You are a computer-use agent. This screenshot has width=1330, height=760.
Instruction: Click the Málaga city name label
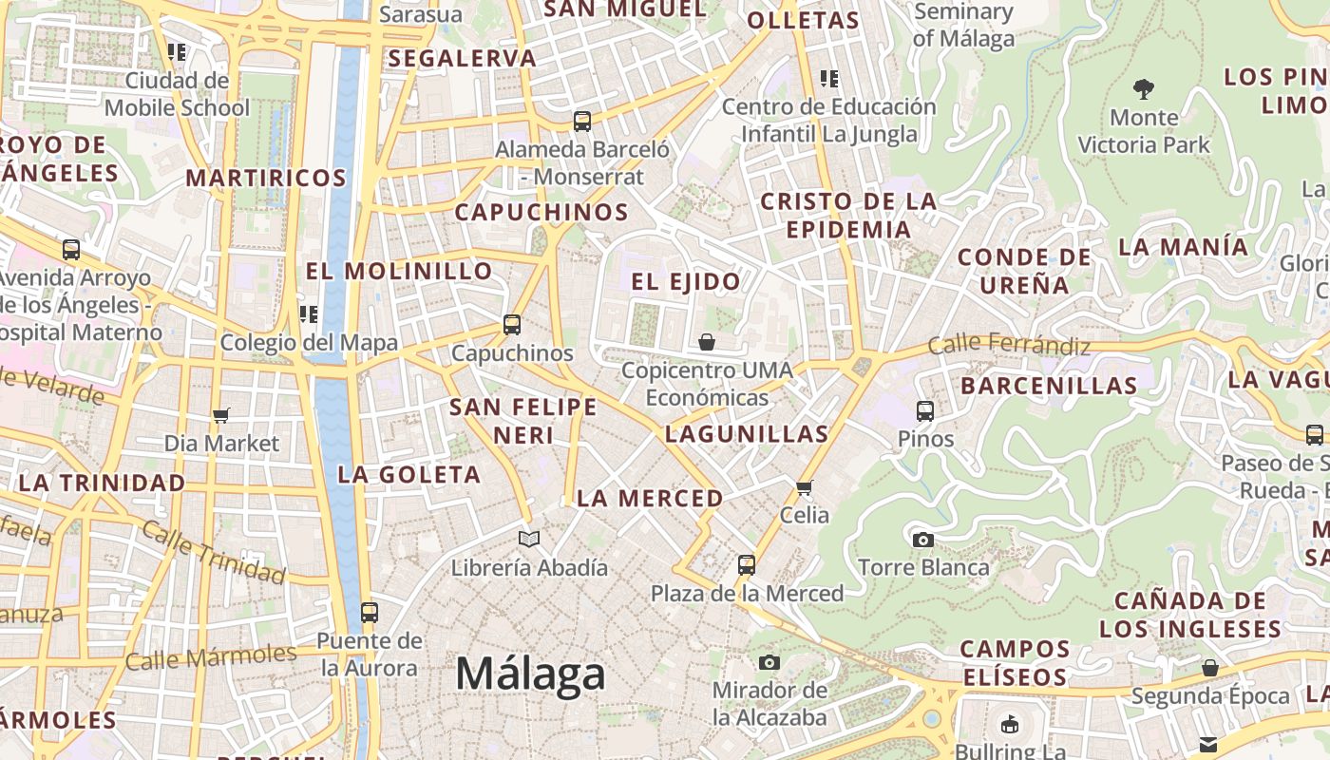tap(530, 674)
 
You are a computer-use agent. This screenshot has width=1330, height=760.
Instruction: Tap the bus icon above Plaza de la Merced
tap(747, 565)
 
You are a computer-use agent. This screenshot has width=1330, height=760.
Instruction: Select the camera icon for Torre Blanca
tap(922, 540)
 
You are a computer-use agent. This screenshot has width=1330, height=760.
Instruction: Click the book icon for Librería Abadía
tap(529, 539)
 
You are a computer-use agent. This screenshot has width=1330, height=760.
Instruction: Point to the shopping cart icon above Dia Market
tap(221, 415)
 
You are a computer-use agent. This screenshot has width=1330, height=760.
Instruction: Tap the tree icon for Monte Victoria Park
tap(1144, 89)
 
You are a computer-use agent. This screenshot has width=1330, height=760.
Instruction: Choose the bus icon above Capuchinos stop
tap(512, 325)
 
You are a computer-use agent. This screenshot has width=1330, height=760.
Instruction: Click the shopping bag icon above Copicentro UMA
tap(706, 341)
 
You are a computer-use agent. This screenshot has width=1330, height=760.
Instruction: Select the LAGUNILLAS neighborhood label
tap(747, 434)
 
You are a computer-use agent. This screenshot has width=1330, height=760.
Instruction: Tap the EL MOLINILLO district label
tap(399, 271)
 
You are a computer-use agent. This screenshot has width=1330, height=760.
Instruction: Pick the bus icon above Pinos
tap(925, 411)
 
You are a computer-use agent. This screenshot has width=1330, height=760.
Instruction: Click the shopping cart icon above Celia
tap(805, 487)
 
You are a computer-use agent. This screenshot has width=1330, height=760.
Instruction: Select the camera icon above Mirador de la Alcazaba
tap(769, 662)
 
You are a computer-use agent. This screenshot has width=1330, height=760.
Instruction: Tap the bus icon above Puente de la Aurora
tap(370, 613)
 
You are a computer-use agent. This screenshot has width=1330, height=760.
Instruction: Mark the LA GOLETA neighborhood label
tap(409, 474)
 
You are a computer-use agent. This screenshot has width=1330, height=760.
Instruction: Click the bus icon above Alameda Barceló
tap(582, 122)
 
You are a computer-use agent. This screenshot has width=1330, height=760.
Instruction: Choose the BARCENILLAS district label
tap(1049, 386)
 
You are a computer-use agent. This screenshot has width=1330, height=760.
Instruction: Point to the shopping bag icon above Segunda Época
tap(1210, 668)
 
